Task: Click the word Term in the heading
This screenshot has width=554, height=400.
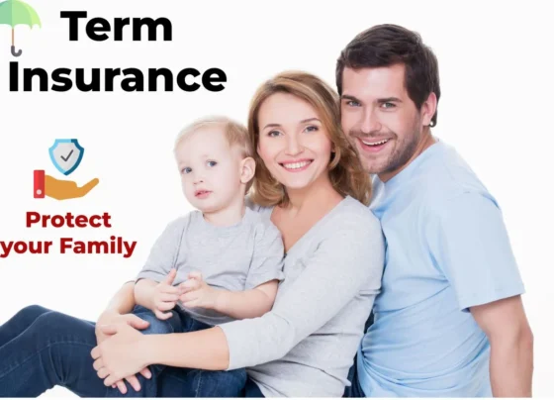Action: [x=116, y=26]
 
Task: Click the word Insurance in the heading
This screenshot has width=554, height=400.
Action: [x=118, y=75]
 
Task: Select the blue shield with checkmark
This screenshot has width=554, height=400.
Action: [x=66, y=155]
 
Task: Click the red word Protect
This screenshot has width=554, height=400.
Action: [x=68, y=220]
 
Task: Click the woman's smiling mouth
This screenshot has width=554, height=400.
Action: [x=295, y=164]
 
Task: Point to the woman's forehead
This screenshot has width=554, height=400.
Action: [x=285, y=107]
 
